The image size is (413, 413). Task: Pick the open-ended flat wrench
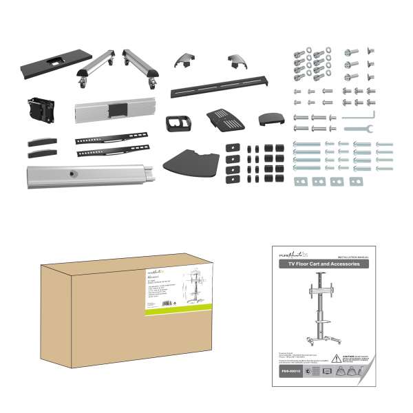[357, 129]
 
